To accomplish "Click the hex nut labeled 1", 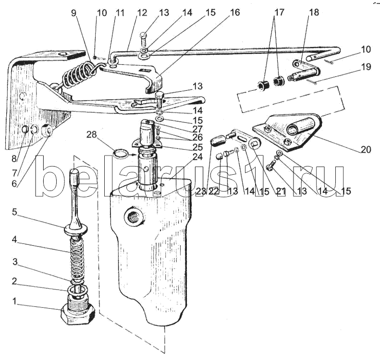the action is pyautogui.click(x=77, y=315).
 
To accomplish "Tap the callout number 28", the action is pyautogui.click(x=91, y=135).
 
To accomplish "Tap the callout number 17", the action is pyautogui.click(x=279, y=12).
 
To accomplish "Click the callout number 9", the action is pyautogui.click(x=74, y=12).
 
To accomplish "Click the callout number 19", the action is pyautogui.click(x=366, y=66).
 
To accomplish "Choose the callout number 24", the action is pyautogui.click(x=197, y=156).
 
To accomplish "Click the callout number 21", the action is pyautogui.click(x=281, y=191).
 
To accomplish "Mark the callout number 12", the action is pyautogui.click(x=142, y=12).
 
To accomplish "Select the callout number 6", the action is pyautogui.click(x=14, y=183).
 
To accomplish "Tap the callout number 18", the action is pyautogui.click(x=314, y=12).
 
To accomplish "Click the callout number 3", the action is pyautogui.click(x=15, y=262).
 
